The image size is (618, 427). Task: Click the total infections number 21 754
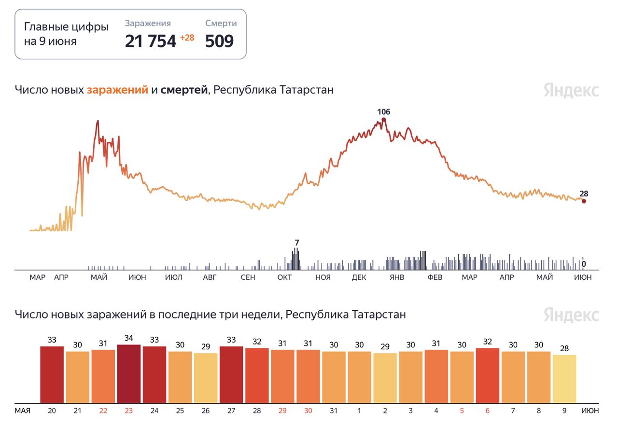coord(150,41)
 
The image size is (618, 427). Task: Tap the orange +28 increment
coord(187,38)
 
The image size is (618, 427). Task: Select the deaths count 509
coord(219,41)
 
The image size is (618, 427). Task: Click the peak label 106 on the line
coord(383,112)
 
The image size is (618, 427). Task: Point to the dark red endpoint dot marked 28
coord(584,201)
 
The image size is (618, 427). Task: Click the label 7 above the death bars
coord(297,242)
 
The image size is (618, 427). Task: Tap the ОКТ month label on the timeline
coord(285,277)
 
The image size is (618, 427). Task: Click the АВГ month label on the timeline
coord(210,277)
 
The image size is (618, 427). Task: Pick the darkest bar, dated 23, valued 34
coord(129,373)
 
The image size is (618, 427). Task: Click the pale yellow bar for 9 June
coord(564,379)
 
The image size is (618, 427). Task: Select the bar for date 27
coord(231,374)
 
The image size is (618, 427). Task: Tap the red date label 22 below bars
coord(103,411)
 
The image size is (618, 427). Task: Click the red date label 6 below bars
coord(488,411)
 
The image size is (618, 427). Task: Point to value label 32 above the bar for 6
coord(488,342)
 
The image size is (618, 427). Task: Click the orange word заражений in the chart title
coord(117,90)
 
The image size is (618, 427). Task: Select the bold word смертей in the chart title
coord(184,90)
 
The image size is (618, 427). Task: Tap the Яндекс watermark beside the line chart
coord(571,91)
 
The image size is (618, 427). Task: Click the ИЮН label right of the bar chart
coord(590,411)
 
